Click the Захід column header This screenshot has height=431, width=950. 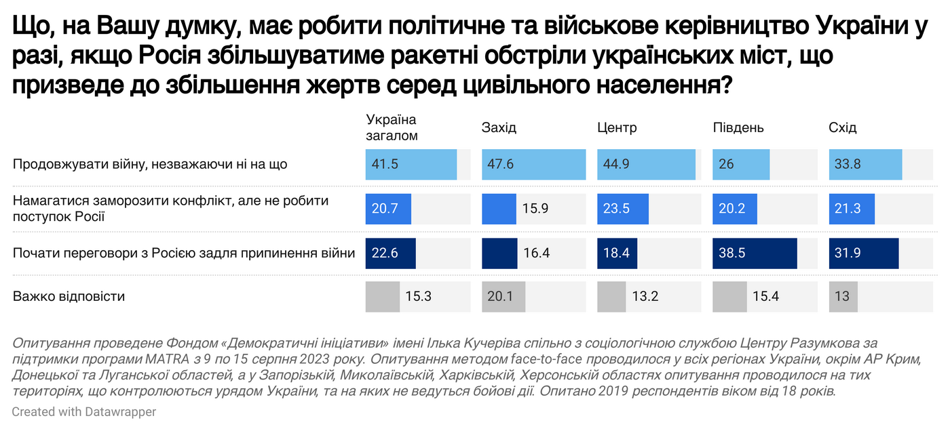[x=499, y=127]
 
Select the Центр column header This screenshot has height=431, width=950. [x=617, y=127]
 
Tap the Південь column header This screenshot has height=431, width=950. [x=738, y=127]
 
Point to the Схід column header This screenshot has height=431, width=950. [x=843, y=127]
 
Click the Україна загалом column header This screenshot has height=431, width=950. [x=392, y=127]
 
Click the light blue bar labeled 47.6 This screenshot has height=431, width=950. [x=533, y=165]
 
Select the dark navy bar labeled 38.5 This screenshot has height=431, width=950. [x=755, y=253]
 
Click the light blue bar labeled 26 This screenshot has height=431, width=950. [x=741, y=165]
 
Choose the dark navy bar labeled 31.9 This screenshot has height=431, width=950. [x=864, y=253]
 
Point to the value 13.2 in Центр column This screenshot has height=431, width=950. [x=645, y=297]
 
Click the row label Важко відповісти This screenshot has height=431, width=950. [x=69, y=297]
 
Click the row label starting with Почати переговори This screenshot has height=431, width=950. [x=184, y=253]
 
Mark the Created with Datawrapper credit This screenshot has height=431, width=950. [x=83, y=411]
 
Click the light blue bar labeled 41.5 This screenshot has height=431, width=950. [x=411, y=165]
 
